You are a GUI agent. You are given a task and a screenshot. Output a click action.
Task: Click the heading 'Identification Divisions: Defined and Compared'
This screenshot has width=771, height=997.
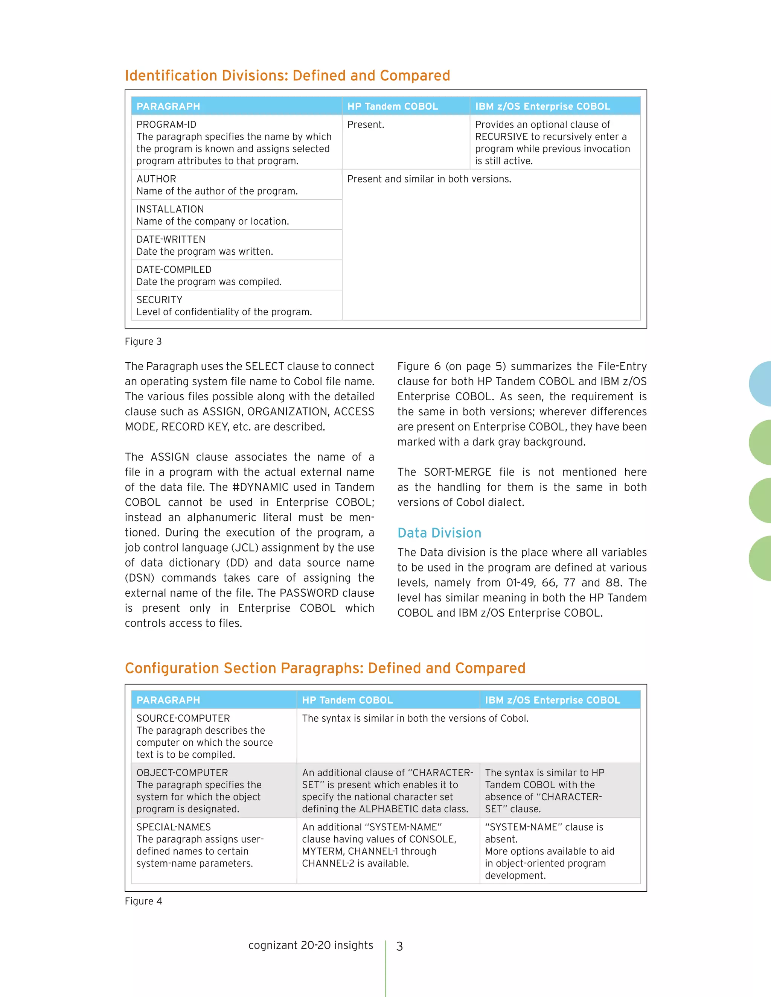pyautogui.click(x=287, y=75)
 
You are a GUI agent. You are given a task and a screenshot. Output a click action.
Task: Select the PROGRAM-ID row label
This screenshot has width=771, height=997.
pyautogui.click(x=166, y=125)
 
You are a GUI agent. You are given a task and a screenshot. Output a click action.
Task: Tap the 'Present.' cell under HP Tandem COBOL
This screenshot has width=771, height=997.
pyautogui.click(x=366, y=125)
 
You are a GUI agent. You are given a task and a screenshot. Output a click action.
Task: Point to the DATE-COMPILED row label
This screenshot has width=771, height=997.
pyautogui.click(x=174, y=269)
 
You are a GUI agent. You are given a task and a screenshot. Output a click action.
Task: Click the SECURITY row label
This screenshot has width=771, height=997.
pyautogui.click(x=159, y=299)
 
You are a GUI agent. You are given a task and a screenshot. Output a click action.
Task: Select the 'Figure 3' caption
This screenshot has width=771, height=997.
pyautogui.click(x=143, y=342)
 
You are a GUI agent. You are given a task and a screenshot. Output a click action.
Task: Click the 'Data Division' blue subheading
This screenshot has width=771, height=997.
pyautogui.click(x=439, y=533)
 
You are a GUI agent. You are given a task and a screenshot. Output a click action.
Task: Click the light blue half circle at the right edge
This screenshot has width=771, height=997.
pyautogui.click(x=760, y=384)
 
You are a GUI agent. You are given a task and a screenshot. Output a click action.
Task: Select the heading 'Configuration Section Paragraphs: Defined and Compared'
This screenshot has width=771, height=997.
pyautogui.click(x=325, y=668)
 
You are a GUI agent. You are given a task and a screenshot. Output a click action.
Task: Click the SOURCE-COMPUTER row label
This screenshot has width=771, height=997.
pyautogui.click(x=183, y=718)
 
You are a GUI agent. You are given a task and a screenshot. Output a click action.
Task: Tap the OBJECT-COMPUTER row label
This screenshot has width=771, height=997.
pyautogui.click(x=182, y=772)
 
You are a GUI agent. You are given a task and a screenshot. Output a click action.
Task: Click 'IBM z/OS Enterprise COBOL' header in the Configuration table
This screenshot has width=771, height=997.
pyautogui.click(x=552, y=700)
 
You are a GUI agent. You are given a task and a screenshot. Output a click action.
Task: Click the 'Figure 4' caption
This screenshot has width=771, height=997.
pyautogui.click(x=143, y=901)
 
